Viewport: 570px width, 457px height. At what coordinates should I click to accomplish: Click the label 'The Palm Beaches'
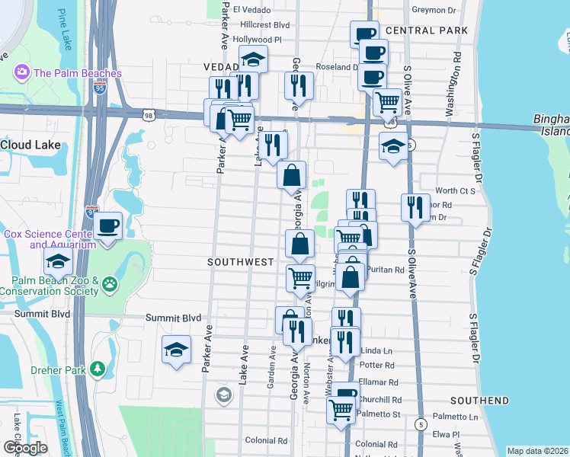coord(77,73)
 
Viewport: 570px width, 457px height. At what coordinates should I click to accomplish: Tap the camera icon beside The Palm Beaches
coord(21,73)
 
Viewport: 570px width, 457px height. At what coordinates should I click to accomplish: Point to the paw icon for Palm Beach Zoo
coord(111,285)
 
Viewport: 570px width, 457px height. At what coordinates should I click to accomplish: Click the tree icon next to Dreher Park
coord(97,369)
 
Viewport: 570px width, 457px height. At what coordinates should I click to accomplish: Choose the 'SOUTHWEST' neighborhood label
coord(240,262)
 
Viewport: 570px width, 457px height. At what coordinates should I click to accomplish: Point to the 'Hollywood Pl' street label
coord(257,39)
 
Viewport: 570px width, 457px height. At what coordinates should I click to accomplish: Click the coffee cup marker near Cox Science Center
coord(107,225)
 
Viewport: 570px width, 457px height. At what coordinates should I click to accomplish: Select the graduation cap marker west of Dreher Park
coord(176,350)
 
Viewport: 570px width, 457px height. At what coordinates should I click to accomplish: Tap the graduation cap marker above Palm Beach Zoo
coord(57,263)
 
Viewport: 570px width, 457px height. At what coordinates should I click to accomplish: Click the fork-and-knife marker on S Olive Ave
coord(415,207)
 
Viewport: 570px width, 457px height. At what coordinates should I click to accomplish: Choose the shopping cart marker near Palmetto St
coord(341,409)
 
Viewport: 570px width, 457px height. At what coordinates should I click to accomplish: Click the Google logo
coord(25,448)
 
